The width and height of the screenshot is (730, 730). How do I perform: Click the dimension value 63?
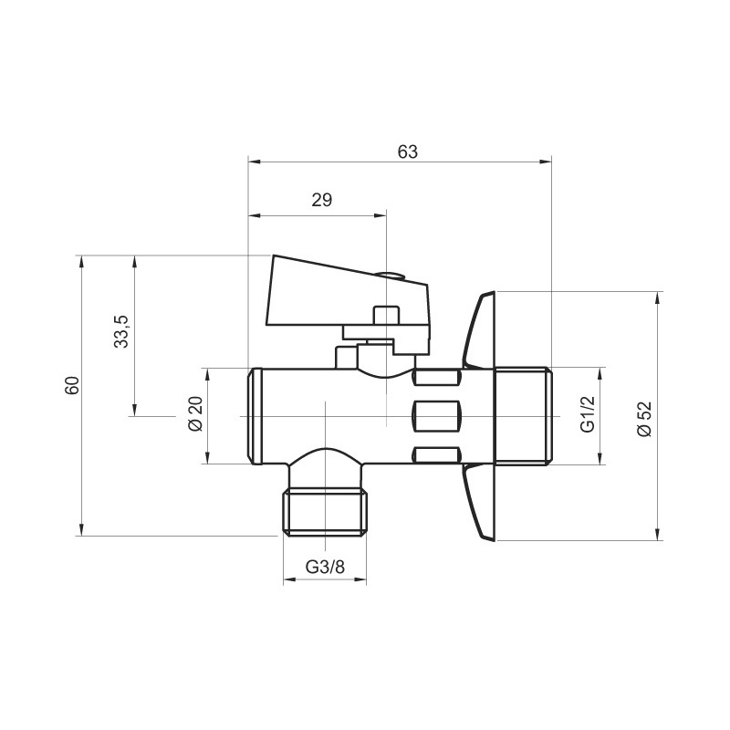click(407, 151)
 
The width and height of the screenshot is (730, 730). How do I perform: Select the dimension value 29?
click(321, 201)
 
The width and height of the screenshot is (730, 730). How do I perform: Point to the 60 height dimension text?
click(71, 384)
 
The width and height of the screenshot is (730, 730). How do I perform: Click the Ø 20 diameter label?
click(193, 415)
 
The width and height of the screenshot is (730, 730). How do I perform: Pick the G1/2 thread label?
click(588, 416)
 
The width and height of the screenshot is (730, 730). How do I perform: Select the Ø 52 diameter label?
click(644, 416)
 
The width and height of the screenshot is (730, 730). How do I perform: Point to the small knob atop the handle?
click(391, 274)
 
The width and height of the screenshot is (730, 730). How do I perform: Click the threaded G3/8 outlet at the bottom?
click(325, 514)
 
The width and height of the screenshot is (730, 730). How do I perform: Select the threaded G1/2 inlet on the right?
click(523, 416)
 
